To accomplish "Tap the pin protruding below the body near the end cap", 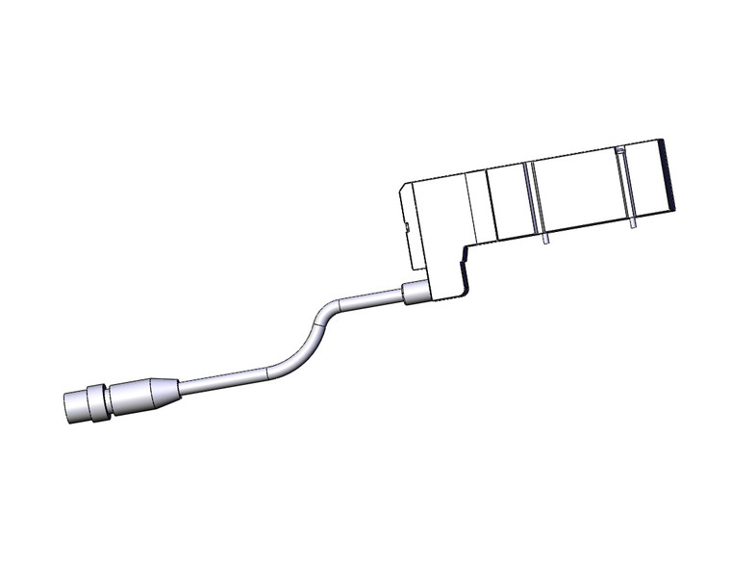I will [x=634, y=225].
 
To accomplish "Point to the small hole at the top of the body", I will [x=620, y=151].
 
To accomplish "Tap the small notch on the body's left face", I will [x=408, y=228].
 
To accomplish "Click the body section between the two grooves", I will [x=577, y=193].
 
